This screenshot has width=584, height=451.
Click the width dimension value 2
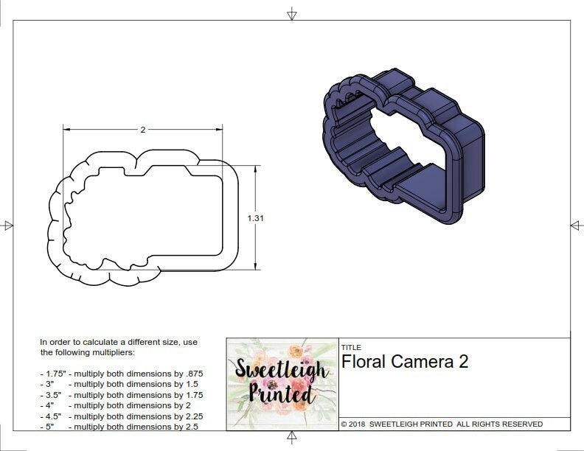pyautogui.click(x=142, y=129)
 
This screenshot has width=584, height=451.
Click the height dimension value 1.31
pyautogui.click(x=256, y=217)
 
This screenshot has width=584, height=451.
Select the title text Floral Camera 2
pyautogui.click(x=405, y=361)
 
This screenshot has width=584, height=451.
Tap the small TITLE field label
pyautogui.click(x=351, y=347)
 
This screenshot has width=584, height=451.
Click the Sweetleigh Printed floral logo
pyautogui.click(x=282, y=384)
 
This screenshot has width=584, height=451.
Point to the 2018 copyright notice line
pyautogui.click(x=442, y=424)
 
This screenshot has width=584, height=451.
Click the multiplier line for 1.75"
pyautogui.click(x=120, y=374)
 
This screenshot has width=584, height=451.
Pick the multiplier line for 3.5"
pyautogui.click(x=121, y=395)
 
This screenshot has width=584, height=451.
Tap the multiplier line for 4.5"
pyautogui.click(x=121, y=416)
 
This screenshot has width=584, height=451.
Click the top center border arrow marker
pyautogui.click(x=292, y=13)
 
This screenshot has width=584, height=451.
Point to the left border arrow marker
pyautogui.click(x=8, y=225)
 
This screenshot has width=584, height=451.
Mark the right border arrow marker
pyautogui.click(x=576, y=225)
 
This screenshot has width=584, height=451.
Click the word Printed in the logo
pyautogui.click(x=272, y=394)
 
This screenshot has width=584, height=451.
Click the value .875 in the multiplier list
pyautogui.click(x=190, y=374)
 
